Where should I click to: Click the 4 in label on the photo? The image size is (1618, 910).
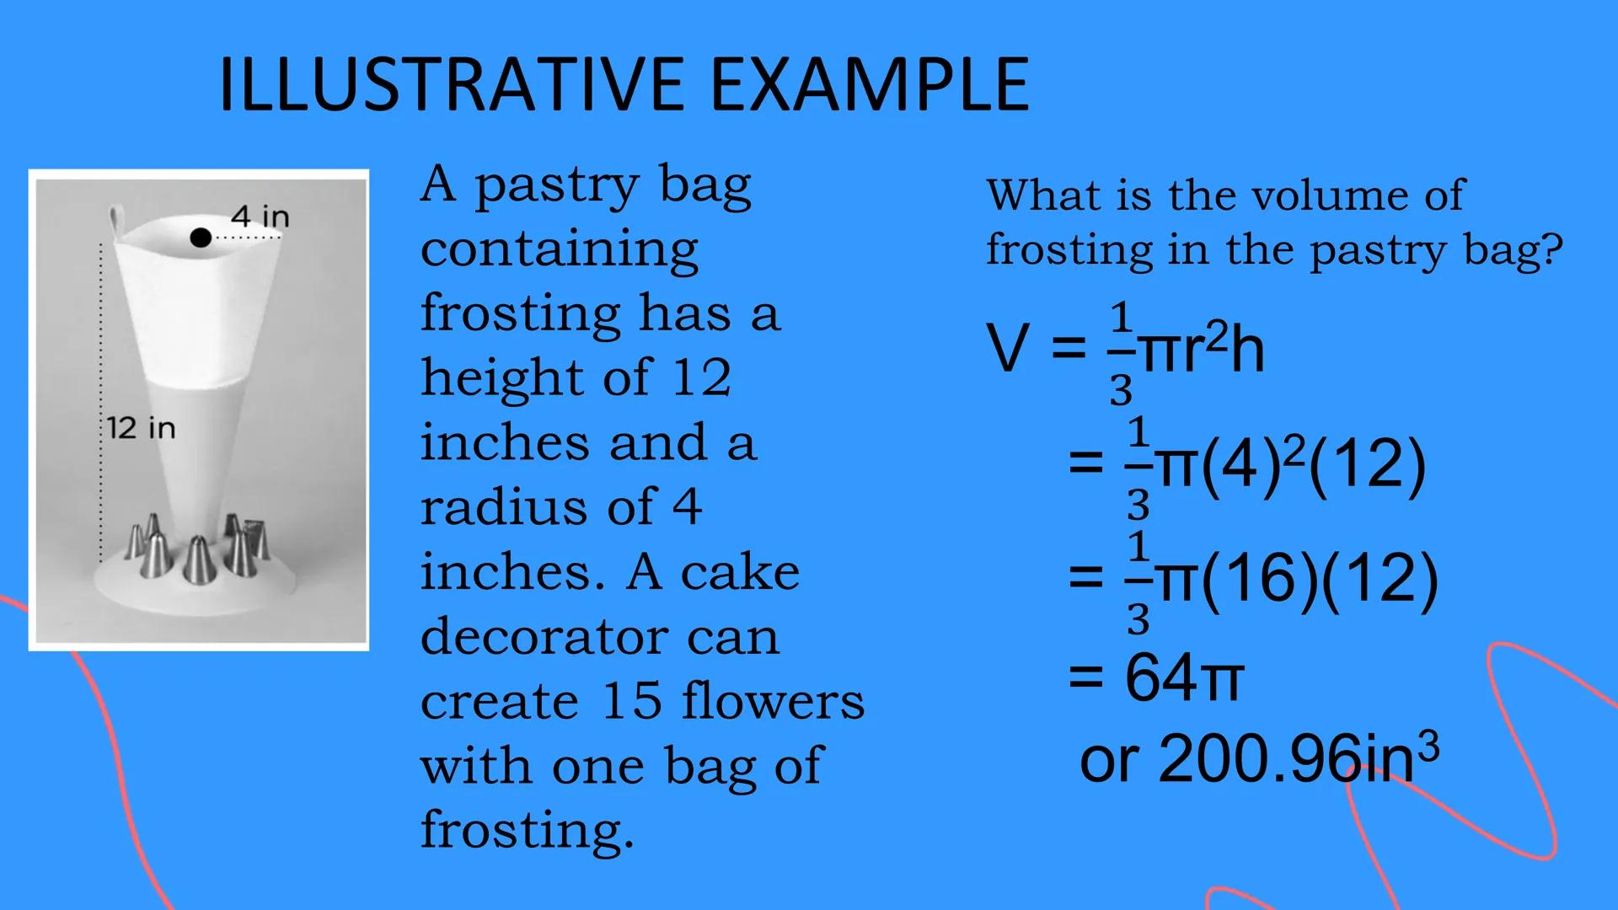coord(260,217)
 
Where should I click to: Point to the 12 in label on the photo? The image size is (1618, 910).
coord(142,428)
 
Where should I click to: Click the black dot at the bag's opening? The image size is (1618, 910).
coord(201,238)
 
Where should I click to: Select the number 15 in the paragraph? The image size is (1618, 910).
coord(632,701)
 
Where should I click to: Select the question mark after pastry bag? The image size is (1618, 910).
coord(1552,250)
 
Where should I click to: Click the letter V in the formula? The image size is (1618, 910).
coord(1008,348)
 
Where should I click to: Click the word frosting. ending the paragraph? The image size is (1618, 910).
coord(527,830)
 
